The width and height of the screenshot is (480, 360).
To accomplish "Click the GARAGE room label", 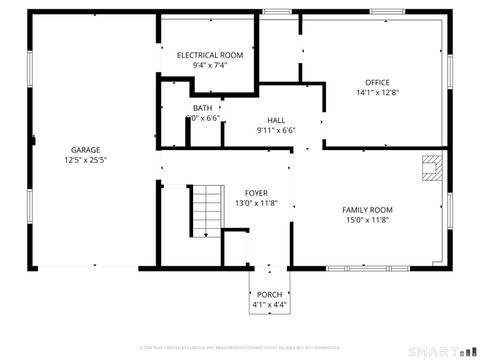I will [x=85, y=149].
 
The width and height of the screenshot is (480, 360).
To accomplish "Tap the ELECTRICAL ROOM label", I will [x=210, y=55].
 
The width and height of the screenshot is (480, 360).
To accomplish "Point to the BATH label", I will [x=203, y=108].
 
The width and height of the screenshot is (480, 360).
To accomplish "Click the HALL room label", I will [x=276, y=119].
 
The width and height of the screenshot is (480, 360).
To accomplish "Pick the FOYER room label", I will [x=255, y=192].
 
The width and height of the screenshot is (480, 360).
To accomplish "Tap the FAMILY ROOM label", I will [x=367, y=210].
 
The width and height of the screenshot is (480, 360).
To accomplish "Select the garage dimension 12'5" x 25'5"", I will [x=85, y=159].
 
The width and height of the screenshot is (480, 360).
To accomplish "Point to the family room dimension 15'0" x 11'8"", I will [x=367, y=220].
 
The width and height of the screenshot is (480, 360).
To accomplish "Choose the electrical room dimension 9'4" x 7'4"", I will [x=210, y=65].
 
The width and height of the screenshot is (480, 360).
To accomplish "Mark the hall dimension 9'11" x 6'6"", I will [x=276, y=129].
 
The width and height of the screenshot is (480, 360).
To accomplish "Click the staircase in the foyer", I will [x=206, y=209].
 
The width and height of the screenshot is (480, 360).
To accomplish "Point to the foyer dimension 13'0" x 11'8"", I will [x=255, y=203].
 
